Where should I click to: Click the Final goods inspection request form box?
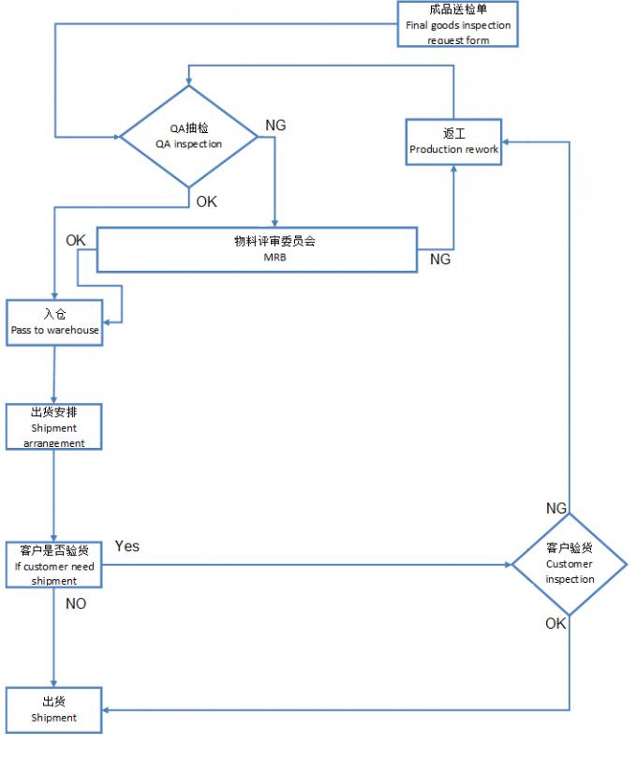pos(458,24)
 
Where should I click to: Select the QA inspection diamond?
pos(189,137)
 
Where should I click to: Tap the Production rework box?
pos(454,141)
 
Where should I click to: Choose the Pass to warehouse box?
pos(54,322)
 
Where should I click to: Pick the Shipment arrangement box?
pos(53,427)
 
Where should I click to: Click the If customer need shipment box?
pos(54,565)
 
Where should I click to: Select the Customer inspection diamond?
pos(570,564)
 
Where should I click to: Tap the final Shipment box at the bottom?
pos(53,709)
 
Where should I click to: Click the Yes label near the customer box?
pos(127,546)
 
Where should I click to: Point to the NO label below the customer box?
pos(76,604)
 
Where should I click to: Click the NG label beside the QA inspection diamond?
pos(276,126)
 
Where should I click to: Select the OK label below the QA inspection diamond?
pos(206,201)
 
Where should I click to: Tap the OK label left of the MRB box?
pos(76,241)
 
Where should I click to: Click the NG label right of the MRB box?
pos(440,260)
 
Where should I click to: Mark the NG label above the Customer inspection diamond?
pos(556,508)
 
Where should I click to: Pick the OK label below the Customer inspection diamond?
pos(556,623)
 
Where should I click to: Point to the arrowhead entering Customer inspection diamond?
pos(507,565)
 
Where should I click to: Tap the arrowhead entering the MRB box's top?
pos(275,223)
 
